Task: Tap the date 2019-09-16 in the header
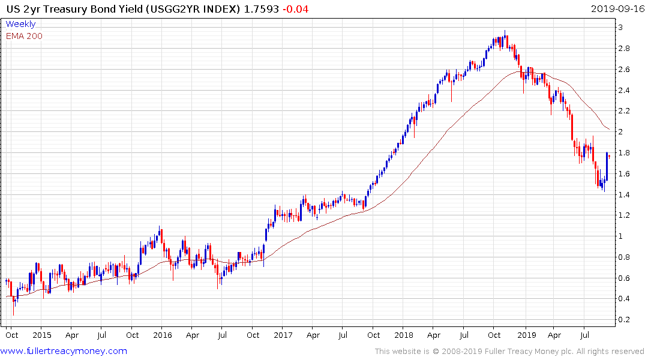(x=616, y=8)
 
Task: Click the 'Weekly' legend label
(x=20, y=24)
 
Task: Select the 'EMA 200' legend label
(x=24, y=35)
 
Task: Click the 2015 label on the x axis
(x=41, y=335)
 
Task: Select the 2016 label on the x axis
(x=163, y=335)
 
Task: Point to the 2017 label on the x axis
(x=284, y=335)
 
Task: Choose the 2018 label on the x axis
(x=405, y=335)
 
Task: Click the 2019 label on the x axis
(x=526, y=335)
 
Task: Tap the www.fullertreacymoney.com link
(x=64, y=351)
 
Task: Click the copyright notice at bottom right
(x=509, y=352)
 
